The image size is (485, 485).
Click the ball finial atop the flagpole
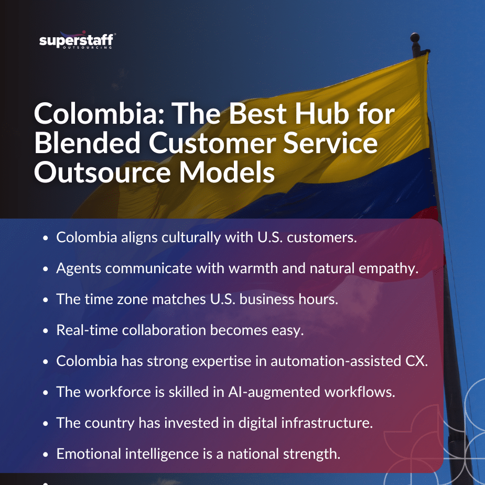(415, 38)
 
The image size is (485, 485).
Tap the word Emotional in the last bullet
(89, 454)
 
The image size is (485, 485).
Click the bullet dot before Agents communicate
(46, 269)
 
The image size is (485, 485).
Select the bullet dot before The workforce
(46, 393)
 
